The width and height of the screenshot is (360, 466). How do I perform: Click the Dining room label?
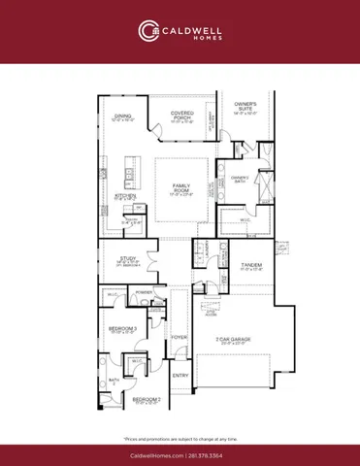pos(123,117)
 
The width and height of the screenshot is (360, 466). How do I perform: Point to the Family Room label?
pos(181,186)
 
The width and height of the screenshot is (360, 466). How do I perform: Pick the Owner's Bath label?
pos(241,178)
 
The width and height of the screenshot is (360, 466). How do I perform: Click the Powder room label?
pos(144,291)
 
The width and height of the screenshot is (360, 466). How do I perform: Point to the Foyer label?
pos(180,337)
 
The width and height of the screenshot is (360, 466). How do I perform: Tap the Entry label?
pos(180,375)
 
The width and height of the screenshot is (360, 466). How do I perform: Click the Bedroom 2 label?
pos(146,400)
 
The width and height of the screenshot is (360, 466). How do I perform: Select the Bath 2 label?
pos(114,382)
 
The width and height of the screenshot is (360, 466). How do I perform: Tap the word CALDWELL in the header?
pos(196,27)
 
